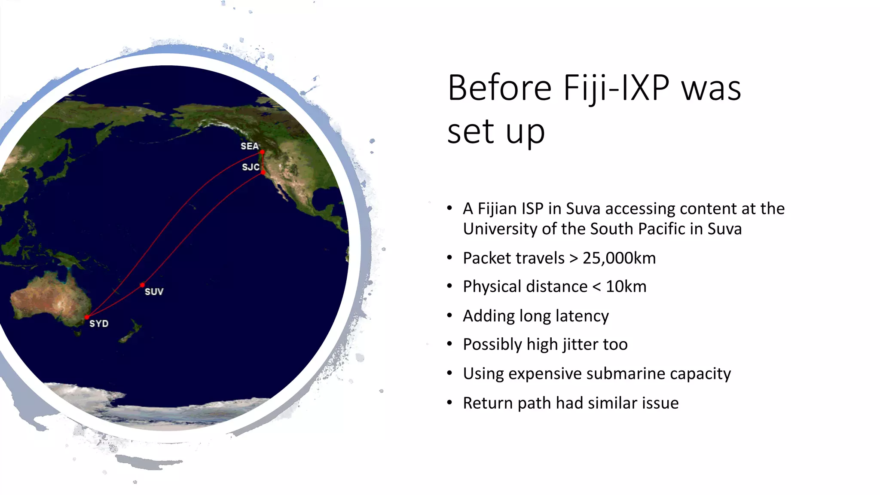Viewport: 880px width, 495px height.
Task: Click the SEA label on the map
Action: [249, 146]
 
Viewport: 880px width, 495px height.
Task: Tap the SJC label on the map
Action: [251, 167]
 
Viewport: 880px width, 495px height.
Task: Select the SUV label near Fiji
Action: [154, 292]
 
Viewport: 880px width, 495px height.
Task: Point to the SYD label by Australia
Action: [99, 324]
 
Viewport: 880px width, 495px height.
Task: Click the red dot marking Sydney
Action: [87, 317]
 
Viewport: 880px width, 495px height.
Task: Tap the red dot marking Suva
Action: [142, 285]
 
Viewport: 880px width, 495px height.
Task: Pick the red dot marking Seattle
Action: [262, 152]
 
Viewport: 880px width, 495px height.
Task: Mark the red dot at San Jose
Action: [263, 172]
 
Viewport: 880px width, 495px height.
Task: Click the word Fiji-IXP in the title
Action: [616, 89]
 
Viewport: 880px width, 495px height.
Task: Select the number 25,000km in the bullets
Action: [619, 258]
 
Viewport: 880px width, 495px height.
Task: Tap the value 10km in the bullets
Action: [626, 287]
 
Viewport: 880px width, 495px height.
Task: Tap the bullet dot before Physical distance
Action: [449, 286]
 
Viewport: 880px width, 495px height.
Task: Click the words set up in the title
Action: [496, 131]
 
